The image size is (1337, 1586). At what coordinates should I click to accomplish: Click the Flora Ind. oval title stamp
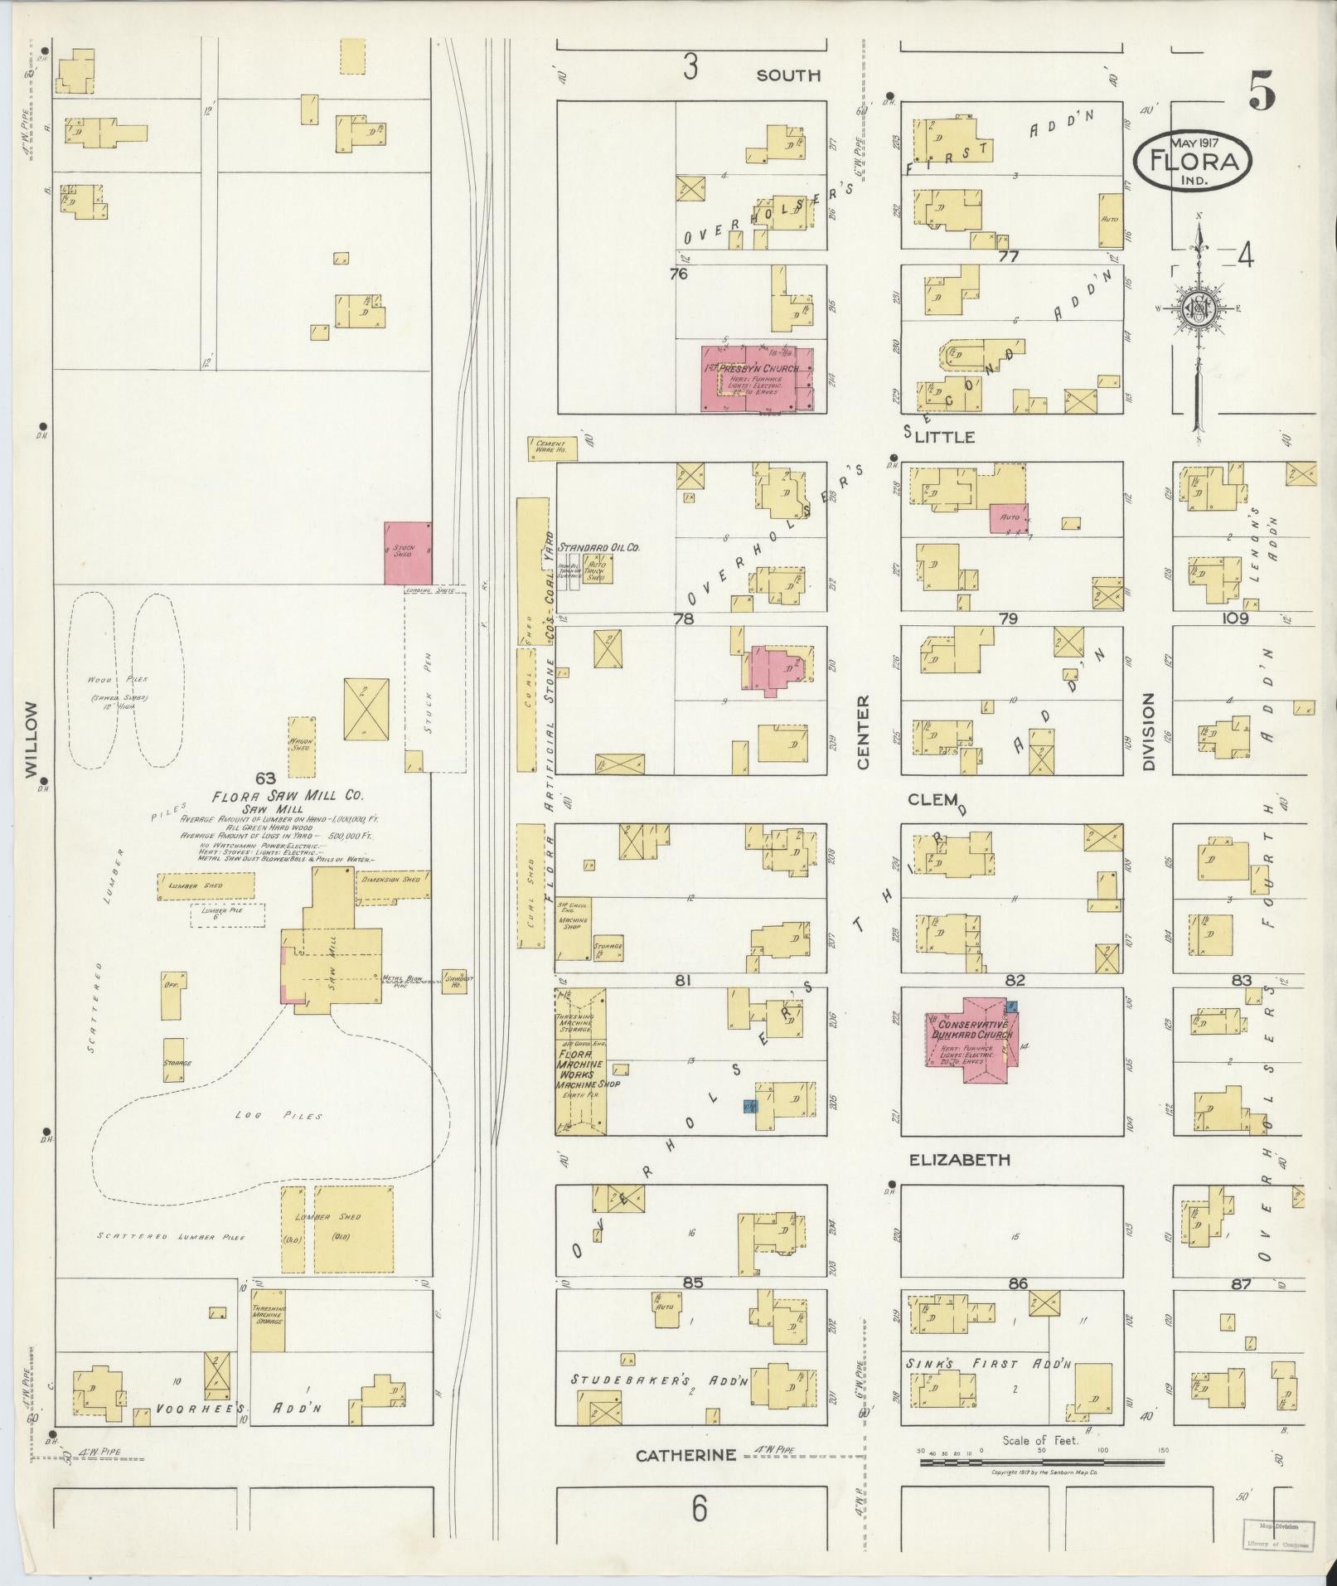tap(1192, 162)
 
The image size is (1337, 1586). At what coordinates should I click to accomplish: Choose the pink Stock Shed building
tap(407, 553)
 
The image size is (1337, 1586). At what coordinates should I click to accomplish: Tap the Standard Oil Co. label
tap(599, 547)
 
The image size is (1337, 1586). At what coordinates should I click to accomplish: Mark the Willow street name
tap(32, 740)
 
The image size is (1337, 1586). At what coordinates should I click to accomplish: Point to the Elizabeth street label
tap(960, 1160)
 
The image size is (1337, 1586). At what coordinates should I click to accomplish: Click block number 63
tap(265, 778)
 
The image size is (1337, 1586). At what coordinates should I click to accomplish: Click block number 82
tap(1015, 980)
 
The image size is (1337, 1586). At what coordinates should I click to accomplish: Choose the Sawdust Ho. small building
tap(455, 982)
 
